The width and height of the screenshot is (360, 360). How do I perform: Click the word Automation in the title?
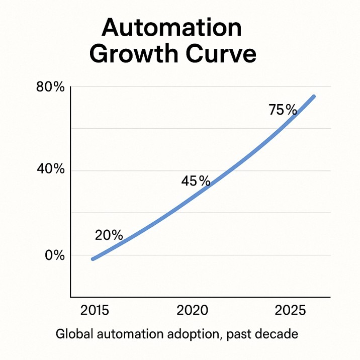click(x=171, y=29)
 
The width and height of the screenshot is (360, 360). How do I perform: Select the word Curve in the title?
click(x=219, y=54)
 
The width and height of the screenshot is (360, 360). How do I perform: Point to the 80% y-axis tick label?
click(x=51, y=87)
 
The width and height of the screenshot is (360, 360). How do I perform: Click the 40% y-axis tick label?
click(x=51, y=169)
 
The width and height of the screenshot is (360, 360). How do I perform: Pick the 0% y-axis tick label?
click(x=55, y=255)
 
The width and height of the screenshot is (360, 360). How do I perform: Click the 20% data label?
click(x=109, y=235)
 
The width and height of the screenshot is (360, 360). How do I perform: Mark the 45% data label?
click(x=196, y=181)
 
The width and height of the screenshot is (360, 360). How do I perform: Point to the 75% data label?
click(x=283, y=110)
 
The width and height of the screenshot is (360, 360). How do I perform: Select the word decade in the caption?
click(x=278, y=334)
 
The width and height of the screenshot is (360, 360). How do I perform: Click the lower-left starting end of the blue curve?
click(x=93, y=259)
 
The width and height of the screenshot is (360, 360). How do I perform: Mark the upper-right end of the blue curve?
click(x=314, y=96)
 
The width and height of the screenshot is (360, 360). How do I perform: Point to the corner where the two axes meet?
click(x=71, y=297)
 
